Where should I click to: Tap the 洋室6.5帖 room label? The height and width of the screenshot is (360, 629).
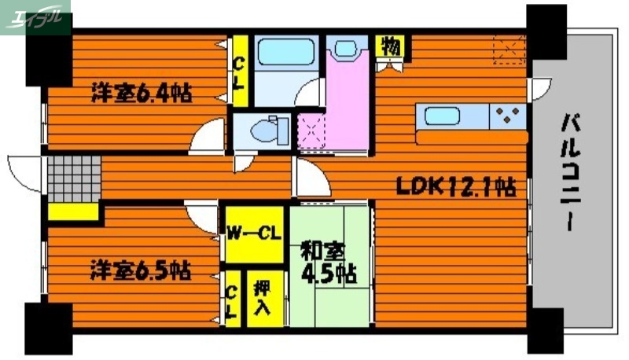pyautogui.click(x=141, y=271)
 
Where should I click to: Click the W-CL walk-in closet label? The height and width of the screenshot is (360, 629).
pyautogui.click(x=253, y=233)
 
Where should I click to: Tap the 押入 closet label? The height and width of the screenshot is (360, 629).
pyautogui.click(x=263, y=296)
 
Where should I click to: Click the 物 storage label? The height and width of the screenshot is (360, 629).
pyautogui.click(x=390, y=46)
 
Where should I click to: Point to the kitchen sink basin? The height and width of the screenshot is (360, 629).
pyautogui.click(x=444, y=117)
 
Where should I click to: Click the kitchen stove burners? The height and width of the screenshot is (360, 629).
pyautogui.click(x=509, y=116)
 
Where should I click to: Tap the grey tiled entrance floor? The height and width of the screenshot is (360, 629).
pyautogui.click(x=72, y=178)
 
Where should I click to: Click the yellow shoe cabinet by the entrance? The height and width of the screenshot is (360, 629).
pyautogui.click(x=72, y=211)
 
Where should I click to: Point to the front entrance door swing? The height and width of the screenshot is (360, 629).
pyautogui.click(x=24, y=171)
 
